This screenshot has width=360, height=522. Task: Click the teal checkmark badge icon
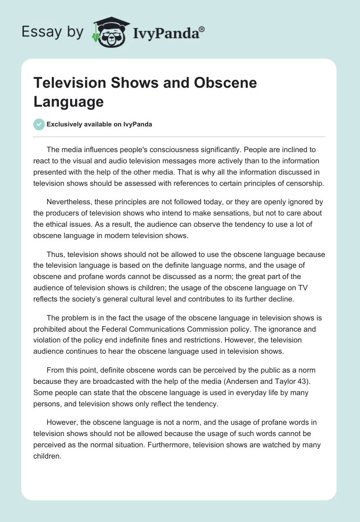(x=39, y=124)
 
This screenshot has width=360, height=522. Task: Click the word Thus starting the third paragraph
(x=55, y=254)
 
